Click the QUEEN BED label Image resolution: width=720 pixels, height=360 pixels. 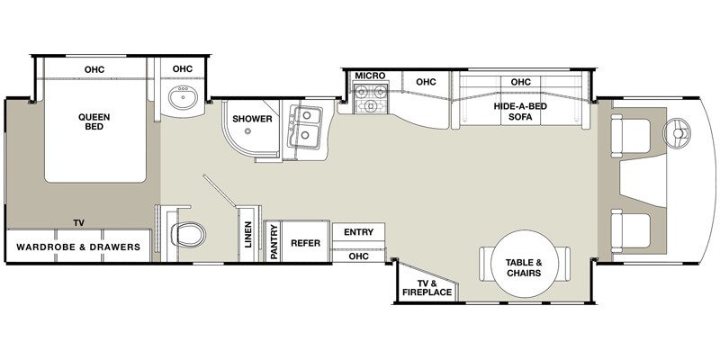[x=94, y=121]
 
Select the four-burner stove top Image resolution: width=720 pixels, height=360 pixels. [x=370, y=97]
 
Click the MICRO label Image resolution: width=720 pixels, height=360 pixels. [x=370, y=76]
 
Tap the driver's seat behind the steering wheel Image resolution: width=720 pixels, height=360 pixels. [x=633, y=136]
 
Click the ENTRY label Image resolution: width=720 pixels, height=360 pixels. [x=358, y=232]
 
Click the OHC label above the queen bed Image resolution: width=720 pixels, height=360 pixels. [x=94, y=68]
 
